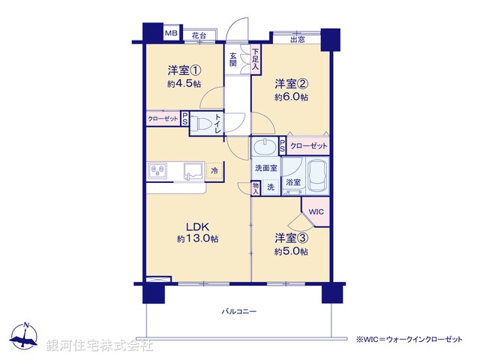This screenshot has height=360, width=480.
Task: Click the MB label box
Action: (x=172, y=34)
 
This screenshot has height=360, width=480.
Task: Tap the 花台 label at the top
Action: (x=198, y=35)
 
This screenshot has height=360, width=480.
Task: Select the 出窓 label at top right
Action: (x=297, y=39)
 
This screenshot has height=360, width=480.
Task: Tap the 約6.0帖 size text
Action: (x=291, y=97)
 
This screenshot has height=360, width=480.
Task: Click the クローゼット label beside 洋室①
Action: (x=163, y=119)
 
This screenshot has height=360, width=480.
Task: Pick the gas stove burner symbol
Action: (x=159, y=172)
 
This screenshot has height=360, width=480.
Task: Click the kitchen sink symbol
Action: (x=191, y=172)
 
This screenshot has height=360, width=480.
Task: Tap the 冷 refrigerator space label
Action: (x=214, y=172)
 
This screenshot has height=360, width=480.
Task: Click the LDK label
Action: (x=197, y=227)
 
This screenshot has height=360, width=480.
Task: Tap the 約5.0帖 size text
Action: (x=291, y=252)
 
